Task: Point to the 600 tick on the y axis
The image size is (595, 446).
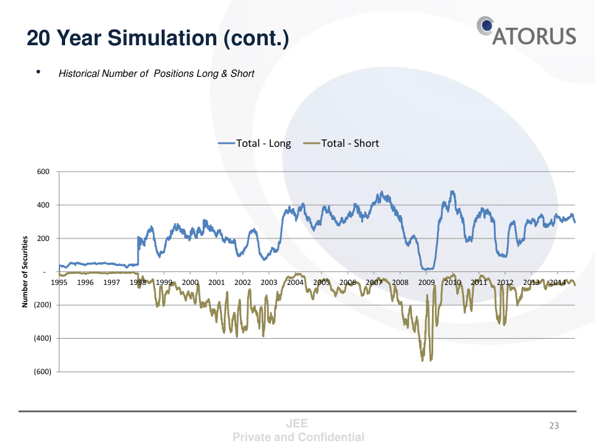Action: (x=43, y=172)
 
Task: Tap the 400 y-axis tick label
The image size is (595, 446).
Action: (x=43, y=205)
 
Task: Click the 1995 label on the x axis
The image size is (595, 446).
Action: (x=59, y=282)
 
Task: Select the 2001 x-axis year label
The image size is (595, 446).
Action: (x=216, y=282)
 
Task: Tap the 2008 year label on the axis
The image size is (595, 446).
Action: (x=400, y=282)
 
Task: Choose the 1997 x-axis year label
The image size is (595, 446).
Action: (x=112, y=282)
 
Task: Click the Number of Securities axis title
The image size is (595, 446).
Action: (x=25, y=272)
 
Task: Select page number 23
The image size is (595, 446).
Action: (x=554, y=426)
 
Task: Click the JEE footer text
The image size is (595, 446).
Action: (x=297, y=424)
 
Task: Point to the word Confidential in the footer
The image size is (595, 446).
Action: (x=331, y=437)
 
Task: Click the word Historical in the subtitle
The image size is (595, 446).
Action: (x=79, y=74)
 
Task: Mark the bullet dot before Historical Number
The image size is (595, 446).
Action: (x=38, y=72)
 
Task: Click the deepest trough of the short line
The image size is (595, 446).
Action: (x=423, y=361)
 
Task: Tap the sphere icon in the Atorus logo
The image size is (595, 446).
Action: (x=485, y=25)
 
